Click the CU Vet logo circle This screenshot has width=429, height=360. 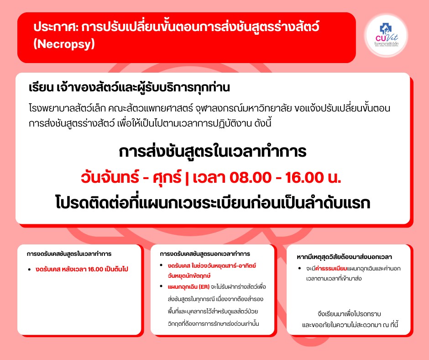pos(387,36)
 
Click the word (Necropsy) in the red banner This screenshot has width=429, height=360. pos(64,44)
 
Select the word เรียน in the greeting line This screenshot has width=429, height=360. pos(41,87)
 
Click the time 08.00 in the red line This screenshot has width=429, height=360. pos(251,178)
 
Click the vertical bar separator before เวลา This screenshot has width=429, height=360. pos(187,178)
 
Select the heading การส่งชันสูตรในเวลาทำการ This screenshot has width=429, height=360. pos(213,151)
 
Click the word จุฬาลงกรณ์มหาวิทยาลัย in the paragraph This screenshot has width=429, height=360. pos(244,108)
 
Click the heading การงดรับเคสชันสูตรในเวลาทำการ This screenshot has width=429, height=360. pos(69,254)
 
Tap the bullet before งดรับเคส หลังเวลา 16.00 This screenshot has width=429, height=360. pos(29,270)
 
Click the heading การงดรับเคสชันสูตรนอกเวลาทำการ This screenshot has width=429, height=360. pos(205,254)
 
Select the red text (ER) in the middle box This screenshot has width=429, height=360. pos(204,287)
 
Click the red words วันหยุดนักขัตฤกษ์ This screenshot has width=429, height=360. pos(189,276)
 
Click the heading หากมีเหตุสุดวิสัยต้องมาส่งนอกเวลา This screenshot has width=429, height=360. pos(345,257)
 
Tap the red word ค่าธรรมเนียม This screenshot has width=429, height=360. pos(331,269)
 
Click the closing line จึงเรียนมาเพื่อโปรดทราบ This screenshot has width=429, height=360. pos(350,314)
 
